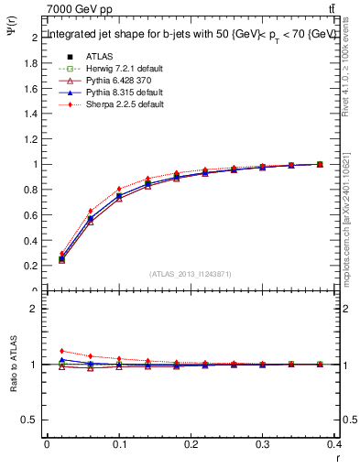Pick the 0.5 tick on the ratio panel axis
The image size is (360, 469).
coord(29,420)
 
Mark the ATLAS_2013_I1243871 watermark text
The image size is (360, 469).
coord(191,274)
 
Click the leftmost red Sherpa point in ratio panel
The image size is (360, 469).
coord(62,351)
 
